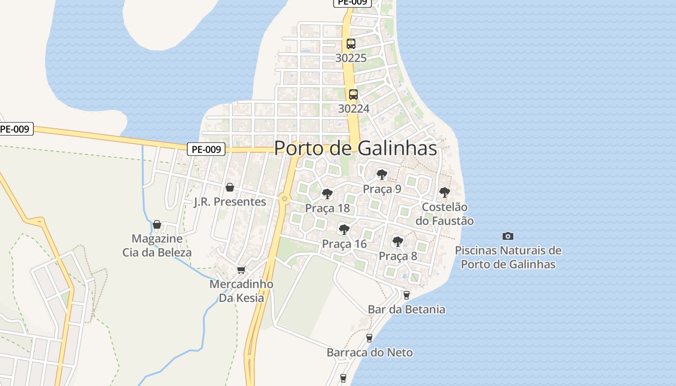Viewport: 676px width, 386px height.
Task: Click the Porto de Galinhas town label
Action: pyautogui.click(x=355, y=148)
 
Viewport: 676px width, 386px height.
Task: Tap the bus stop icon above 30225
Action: pyautogui.click(x=351, y=44)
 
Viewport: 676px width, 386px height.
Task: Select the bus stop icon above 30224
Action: pyautogui.click(x=353, y=95)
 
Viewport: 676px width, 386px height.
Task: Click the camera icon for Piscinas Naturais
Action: pyautogui.click(x=507, y=236)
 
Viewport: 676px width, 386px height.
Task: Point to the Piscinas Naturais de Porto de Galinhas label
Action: pyautogui.click(x=508, y=257)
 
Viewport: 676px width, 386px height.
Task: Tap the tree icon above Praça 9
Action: pyautogui.click(x=382, y=174)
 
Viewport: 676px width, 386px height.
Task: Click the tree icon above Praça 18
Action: pyautogui.click(x=327, y=194)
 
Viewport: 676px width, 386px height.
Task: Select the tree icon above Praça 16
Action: pyautogui.click(x=344, y=229)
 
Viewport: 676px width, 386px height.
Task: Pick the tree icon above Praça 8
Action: pyautogui.click(x=397, y=241)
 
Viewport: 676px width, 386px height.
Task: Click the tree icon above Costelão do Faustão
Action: pyautogui.click(x=444, y=193)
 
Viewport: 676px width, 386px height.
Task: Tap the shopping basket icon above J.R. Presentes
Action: pyautogui.click(x=230, y=187)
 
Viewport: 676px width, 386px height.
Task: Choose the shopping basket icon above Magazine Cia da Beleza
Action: pyautogui.click(x=156, y=224)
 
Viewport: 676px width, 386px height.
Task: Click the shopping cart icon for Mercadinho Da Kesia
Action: pyautogui.click(x=241, y=270)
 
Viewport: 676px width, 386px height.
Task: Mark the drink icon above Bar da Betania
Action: pyautogui.click(x=406, y=295)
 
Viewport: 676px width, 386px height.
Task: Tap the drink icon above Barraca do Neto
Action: pyautogui.click(x=369, y=338)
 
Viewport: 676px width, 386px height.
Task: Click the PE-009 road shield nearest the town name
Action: pyautogui.click(x=207, y=149)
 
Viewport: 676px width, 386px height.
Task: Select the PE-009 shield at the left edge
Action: pyautogui.click(x=15, y=129)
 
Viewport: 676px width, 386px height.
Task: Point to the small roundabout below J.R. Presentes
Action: pyautogui.click(x=284, y=198)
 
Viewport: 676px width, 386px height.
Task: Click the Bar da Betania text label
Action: pyautogui.click(x=406, y=309)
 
